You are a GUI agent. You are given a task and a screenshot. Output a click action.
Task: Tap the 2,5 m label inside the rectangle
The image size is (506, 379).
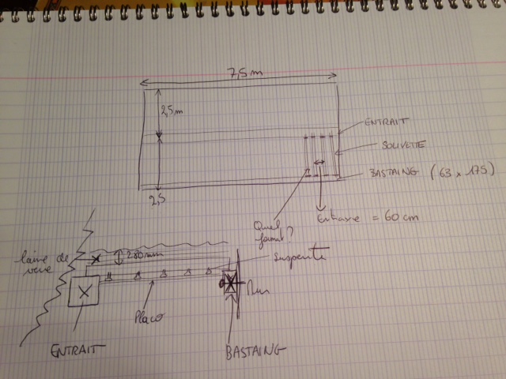point(171,111)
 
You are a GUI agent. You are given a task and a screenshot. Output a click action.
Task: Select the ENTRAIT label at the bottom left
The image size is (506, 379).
point(79,347)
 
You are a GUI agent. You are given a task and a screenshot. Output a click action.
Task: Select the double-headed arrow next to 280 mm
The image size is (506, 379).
point(118,256)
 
